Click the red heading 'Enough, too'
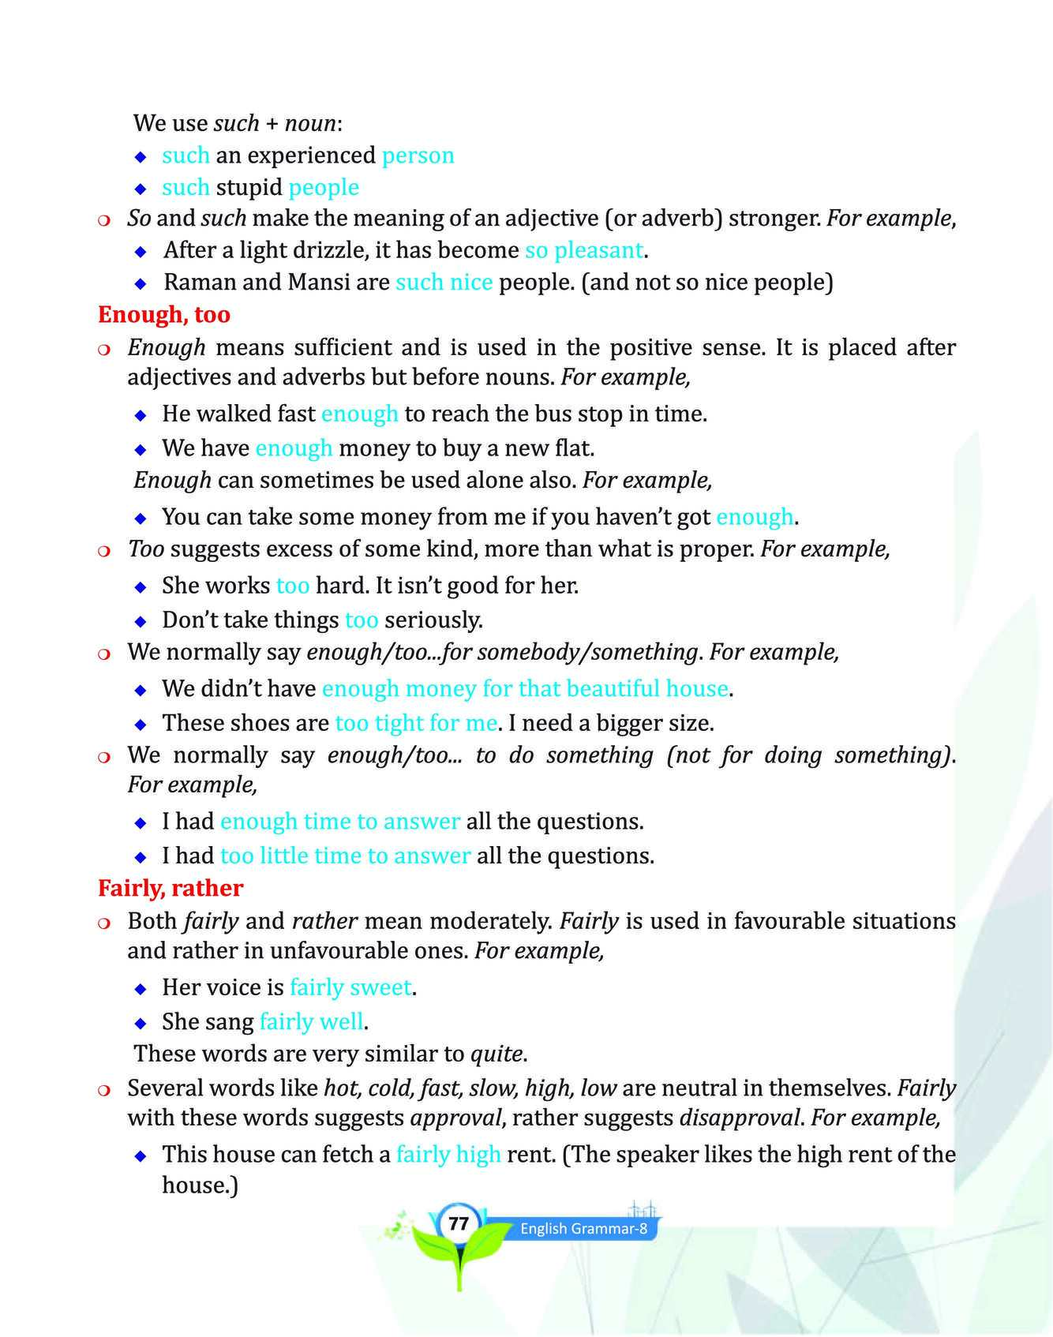pyautogui.click(x=164, y=315)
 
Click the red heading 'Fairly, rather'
pyautogui.click(x=171, y=889)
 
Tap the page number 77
pyautogui.click(x=458, y=1224)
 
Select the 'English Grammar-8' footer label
pyautogui.click(x=583, y=1229)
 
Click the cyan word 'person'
pyautogui.click(x=418, y=155)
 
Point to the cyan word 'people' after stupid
pyautogui.click(x=324, y=188)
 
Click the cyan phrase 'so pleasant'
pyautogui.click(x=584, y=251)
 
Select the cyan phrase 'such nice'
pyautogui.click(x=444, y=283)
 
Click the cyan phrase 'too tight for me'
pyautogui.click(x=416, y=723)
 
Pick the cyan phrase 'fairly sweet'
pyautogui.click(x=350, y=987)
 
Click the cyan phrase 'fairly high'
pyautogui.click(x=448, y=1155)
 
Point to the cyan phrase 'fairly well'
pyautogui.click(x=311, y=1022)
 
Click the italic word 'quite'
pyautogui.click(x=497, y=1054)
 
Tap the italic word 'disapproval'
pyautogui.click(x=738, y=1118)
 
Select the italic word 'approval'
pyautogui.click(x=455, y=1118)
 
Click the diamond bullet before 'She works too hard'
pyautogui.click(x=141, y=587)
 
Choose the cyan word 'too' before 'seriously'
pyautogui.click(x=362, y=620)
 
